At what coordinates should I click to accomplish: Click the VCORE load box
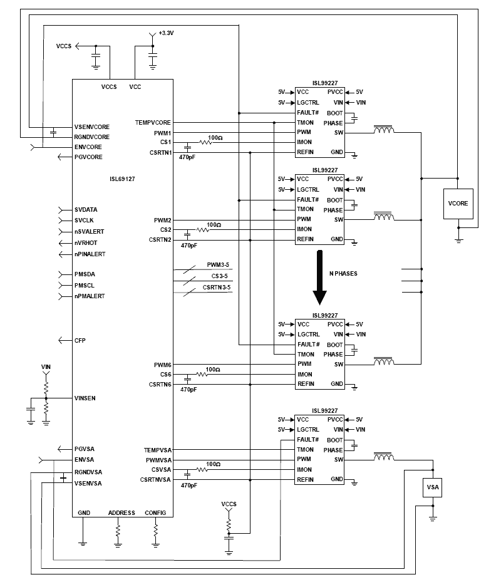[x=458, y=204]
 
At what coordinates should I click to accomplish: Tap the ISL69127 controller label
[x=122, y=178]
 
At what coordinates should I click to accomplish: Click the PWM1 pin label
[x=162, y=133]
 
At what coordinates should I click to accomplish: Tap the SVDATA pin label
[x=86, y=209]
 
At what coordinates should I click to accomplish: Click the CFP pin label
[x=80, y=340]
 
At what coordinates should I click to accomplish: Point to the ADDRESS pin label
[x=121, y=512]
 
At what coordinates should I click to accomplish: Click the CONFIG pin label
[x=155, y=512]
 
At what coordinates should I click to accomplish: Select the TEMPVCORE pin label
[x=153, y=122]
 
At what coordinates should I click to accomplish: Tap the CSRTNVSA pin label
[x=156, y=480]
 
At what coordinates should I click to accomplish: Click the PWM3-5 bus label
[x=219, y=265]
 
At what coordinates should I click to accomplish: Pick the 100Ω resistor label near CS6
[x=213, y=370]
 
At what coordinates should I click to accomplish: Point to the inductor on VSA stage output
[x=383, y=458]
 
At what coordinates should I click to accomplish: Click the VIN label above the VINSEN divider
[x=45, y=366]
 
